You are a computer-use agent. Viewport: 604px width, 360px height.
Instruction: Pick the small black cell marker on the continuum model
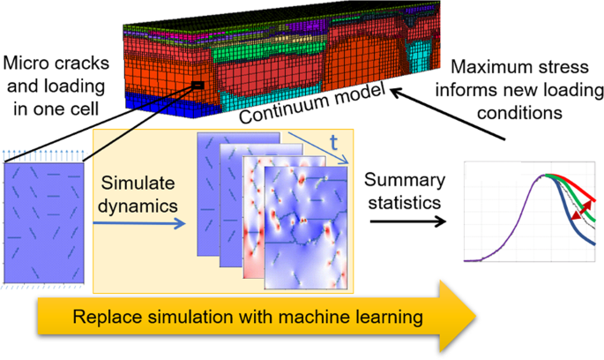(x=199, y=86)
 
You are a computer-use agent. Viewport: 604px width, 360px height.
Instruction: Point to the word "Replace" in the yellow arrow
(x=105, y=316)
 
